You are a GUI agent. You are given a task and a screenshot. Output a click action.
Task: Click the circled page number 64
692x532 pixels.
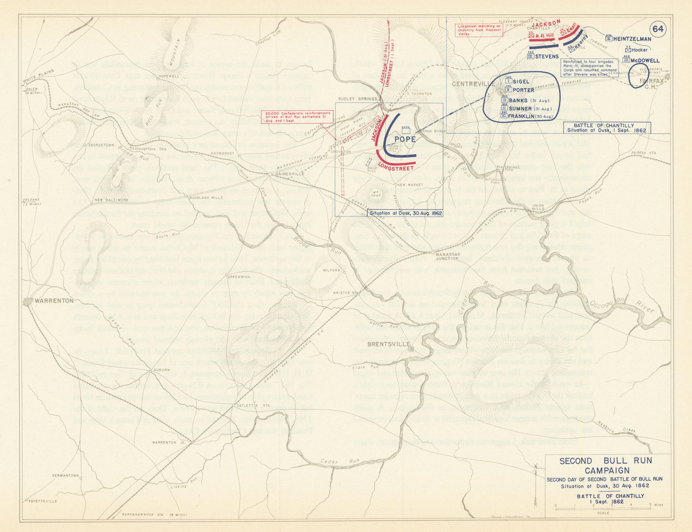[658, 29]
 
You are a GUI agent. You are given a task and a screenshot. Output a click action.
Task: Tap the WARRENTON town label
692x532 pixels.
[55, 301]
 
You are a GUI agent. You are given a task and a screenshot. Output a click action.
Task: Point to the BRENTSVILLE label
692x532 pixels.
[388, 344]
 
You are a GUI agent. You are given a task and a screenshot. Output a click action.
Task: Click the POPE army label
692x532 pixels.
[405, 139]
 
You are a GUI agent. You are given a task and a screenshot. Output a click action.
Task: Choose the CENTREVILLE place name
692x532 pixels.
[470, 83]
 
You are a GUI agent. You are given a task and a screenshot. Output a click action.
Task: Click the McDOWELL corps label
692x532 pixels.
[645, 61]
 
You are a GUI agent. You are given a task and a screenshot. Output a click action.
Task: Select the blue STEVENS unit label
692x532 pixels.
[547, 56]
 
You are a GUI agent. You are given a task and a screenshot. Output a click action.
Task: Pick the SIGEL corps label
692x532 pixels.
[521, 81]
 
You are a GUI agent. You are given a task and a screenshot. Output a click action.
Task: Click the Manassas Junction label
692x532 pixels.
[447, 256]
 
